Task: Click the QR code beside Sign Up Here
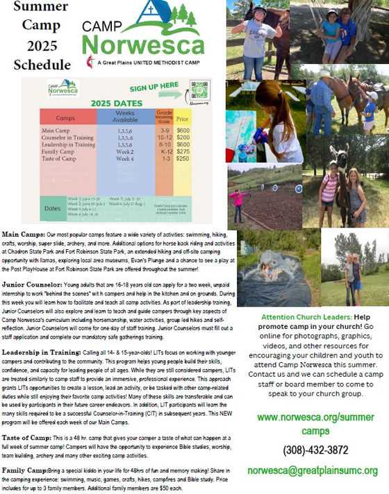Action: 200,92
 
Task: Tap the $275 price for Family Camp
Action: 183,151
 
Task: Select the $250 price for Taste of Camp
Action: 183,159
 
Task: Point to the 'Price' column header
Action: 183,119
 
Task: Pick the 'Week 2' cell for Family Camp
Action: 125,151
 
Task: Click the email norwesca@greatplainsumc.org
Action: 312,470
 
